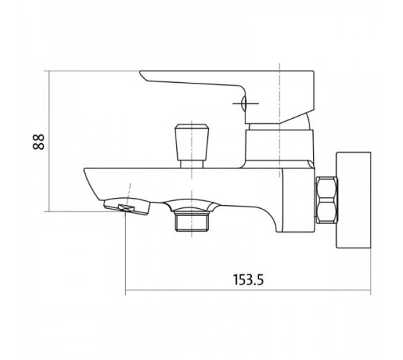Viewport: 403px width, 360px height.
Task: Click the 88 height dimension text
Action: pyautogui.click(x=39, y=141)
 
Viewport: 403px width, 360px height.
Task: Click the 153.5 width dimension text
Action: pyautogui.click(x=248, y=280)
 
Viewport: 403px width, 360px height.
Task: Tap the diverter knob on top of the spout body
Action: pyautogui.click(x=191, y=142)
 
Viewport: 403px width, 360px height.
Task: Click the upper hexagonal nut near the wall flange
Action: pyautogui.click(x=327, y=187)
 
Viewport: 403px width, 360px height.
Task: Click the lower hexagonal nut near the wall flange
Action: pyautogui.click(x=327, y=210)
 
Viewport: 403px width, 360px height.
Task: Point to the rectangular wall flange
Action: pyautogui.click(x=353, y=200)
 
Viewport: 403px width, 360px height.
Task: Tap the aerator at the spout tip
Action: pyautogui.click(x=127, y=206)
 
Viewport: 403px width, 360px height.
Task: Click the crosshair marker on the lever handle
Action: pyautogui.click(x=245, y=104)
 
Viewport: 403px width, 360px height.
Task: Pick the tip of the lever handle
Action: pyautogui.click(x=140, y=73)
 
